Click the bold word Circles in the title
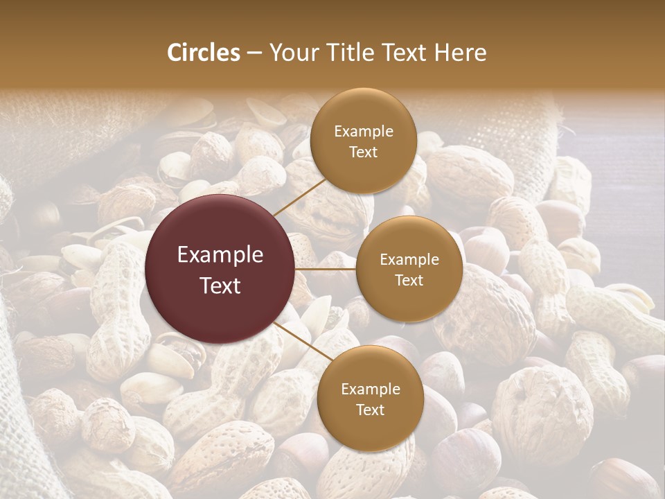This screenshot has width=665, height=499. coord(203,53)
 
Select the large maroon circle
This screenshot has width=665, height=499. coord(220,269)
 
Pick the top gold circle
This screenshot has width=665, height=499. coord(363,141)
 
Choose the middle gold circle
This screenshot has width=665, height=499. coord(409,269)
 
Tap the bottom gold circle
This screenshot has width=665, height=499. coord(370,399)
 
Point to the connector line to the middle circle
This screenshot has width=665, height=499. coord(326,269)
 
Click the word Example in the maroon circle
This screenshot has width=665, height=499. coord(220,255)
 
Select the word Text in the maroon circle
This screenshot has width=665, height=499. coord(220,285)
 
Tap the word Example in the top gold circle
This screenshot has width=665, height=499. coord(363,131)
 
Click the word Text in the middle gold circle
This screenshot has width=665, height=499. coord(409,280)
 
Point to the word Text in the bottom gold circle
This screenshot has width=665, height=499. coord(370,410)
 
